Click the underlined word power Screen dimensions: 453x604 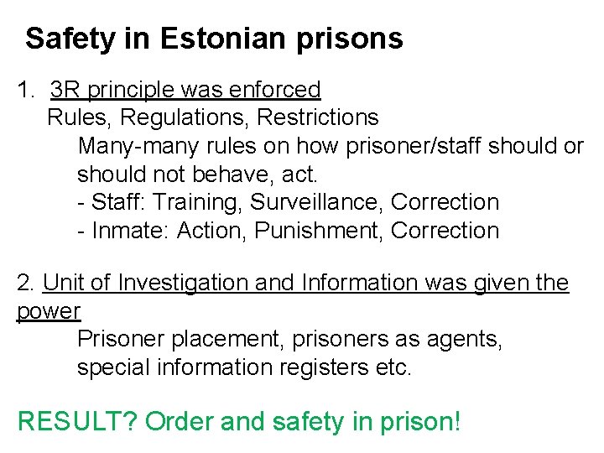(49, 312)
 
